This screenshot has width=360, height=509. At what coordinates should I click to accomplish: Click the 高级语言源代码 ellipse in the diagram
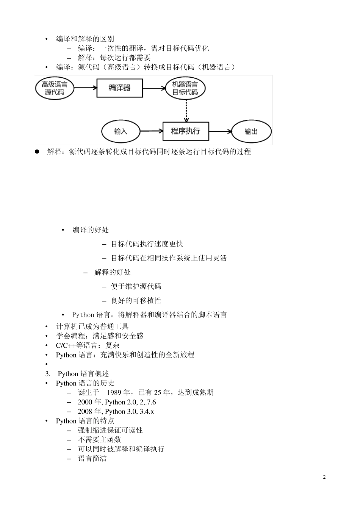55,88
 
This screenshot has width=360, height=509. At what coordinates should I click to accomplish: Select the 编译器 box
120,88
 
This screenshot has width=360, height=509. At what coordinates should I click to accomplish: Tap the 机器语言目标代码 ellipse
185,88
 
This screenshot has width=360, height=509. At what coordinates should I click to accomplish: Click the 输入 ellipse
121,131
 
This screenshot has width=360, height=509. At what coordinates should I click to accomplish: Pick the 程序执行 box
186,131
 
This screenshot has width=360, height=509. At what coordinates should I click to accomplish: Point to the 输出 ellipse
251,131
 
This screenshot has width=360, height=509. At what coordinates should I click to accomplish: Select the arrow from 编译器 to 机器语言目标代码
154,88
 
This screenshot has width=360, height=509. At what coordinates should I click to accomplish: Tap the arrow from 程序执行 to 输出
220,131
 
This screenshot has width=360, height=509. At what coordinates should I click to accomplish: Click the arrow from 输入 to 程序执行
151,131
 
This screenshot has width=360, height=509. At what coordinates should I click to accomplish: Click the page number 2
324,477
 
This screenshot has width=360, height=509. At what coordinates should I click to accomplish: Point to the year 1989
114,393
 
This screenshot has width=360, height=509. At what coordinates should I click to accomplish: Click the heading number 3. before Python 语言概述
48,374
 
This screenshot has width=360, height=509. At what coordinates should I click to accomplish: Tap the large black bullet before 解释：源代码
37,152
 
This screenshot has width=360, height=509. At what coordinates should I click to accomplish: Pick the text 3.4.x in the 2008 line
147,412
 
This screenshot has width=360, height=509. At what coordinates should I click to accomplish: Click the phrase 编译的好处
91,230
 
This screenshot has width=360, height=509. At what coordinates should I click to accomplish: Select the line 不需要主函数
99,440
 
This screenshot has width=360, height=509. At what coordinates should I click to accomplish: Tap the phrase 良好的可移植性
136,301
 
